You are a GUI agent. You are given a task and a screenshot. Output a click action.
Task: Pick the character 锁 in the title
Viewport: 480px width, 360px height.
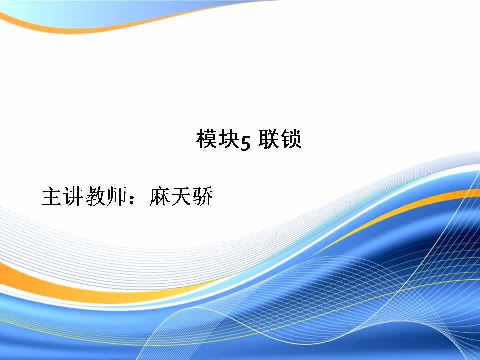coord(291,139)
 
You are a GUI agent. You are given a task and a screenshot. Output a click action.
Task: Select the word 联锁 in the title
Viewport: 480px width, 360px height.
coord(280,139)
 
